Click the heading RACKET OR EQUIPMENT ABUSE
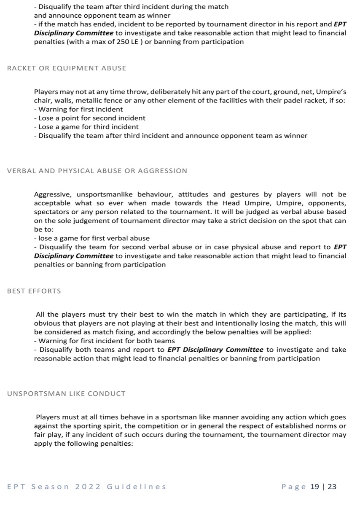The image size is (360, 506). pos(67,68)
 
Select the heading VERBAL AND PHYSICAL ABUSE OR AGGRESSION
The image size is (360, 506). pos(97,171)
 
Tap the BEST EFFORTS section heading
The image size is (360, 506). pos(34,291)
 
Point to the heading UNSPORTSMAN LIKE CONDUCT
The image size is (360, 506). pos(66,394)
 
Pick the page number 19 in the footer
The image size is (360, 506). pos(314,487)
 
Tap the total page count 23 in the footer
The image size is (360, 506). pos(332,487)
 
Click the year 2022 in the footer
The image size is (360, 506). pos(88,487)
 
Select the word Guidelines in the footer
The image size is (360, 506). pos(137,487)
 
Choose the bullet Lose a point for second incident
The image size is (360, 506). pos(90,118)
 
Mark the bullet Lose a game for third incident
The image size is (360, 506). pos(86,127)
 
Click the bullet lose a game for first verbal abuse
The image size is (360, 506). pos(92,238)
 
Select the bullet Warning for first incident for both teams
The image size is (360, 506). pos(105,341)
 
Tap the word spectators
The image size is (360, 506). pos(51,212)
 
